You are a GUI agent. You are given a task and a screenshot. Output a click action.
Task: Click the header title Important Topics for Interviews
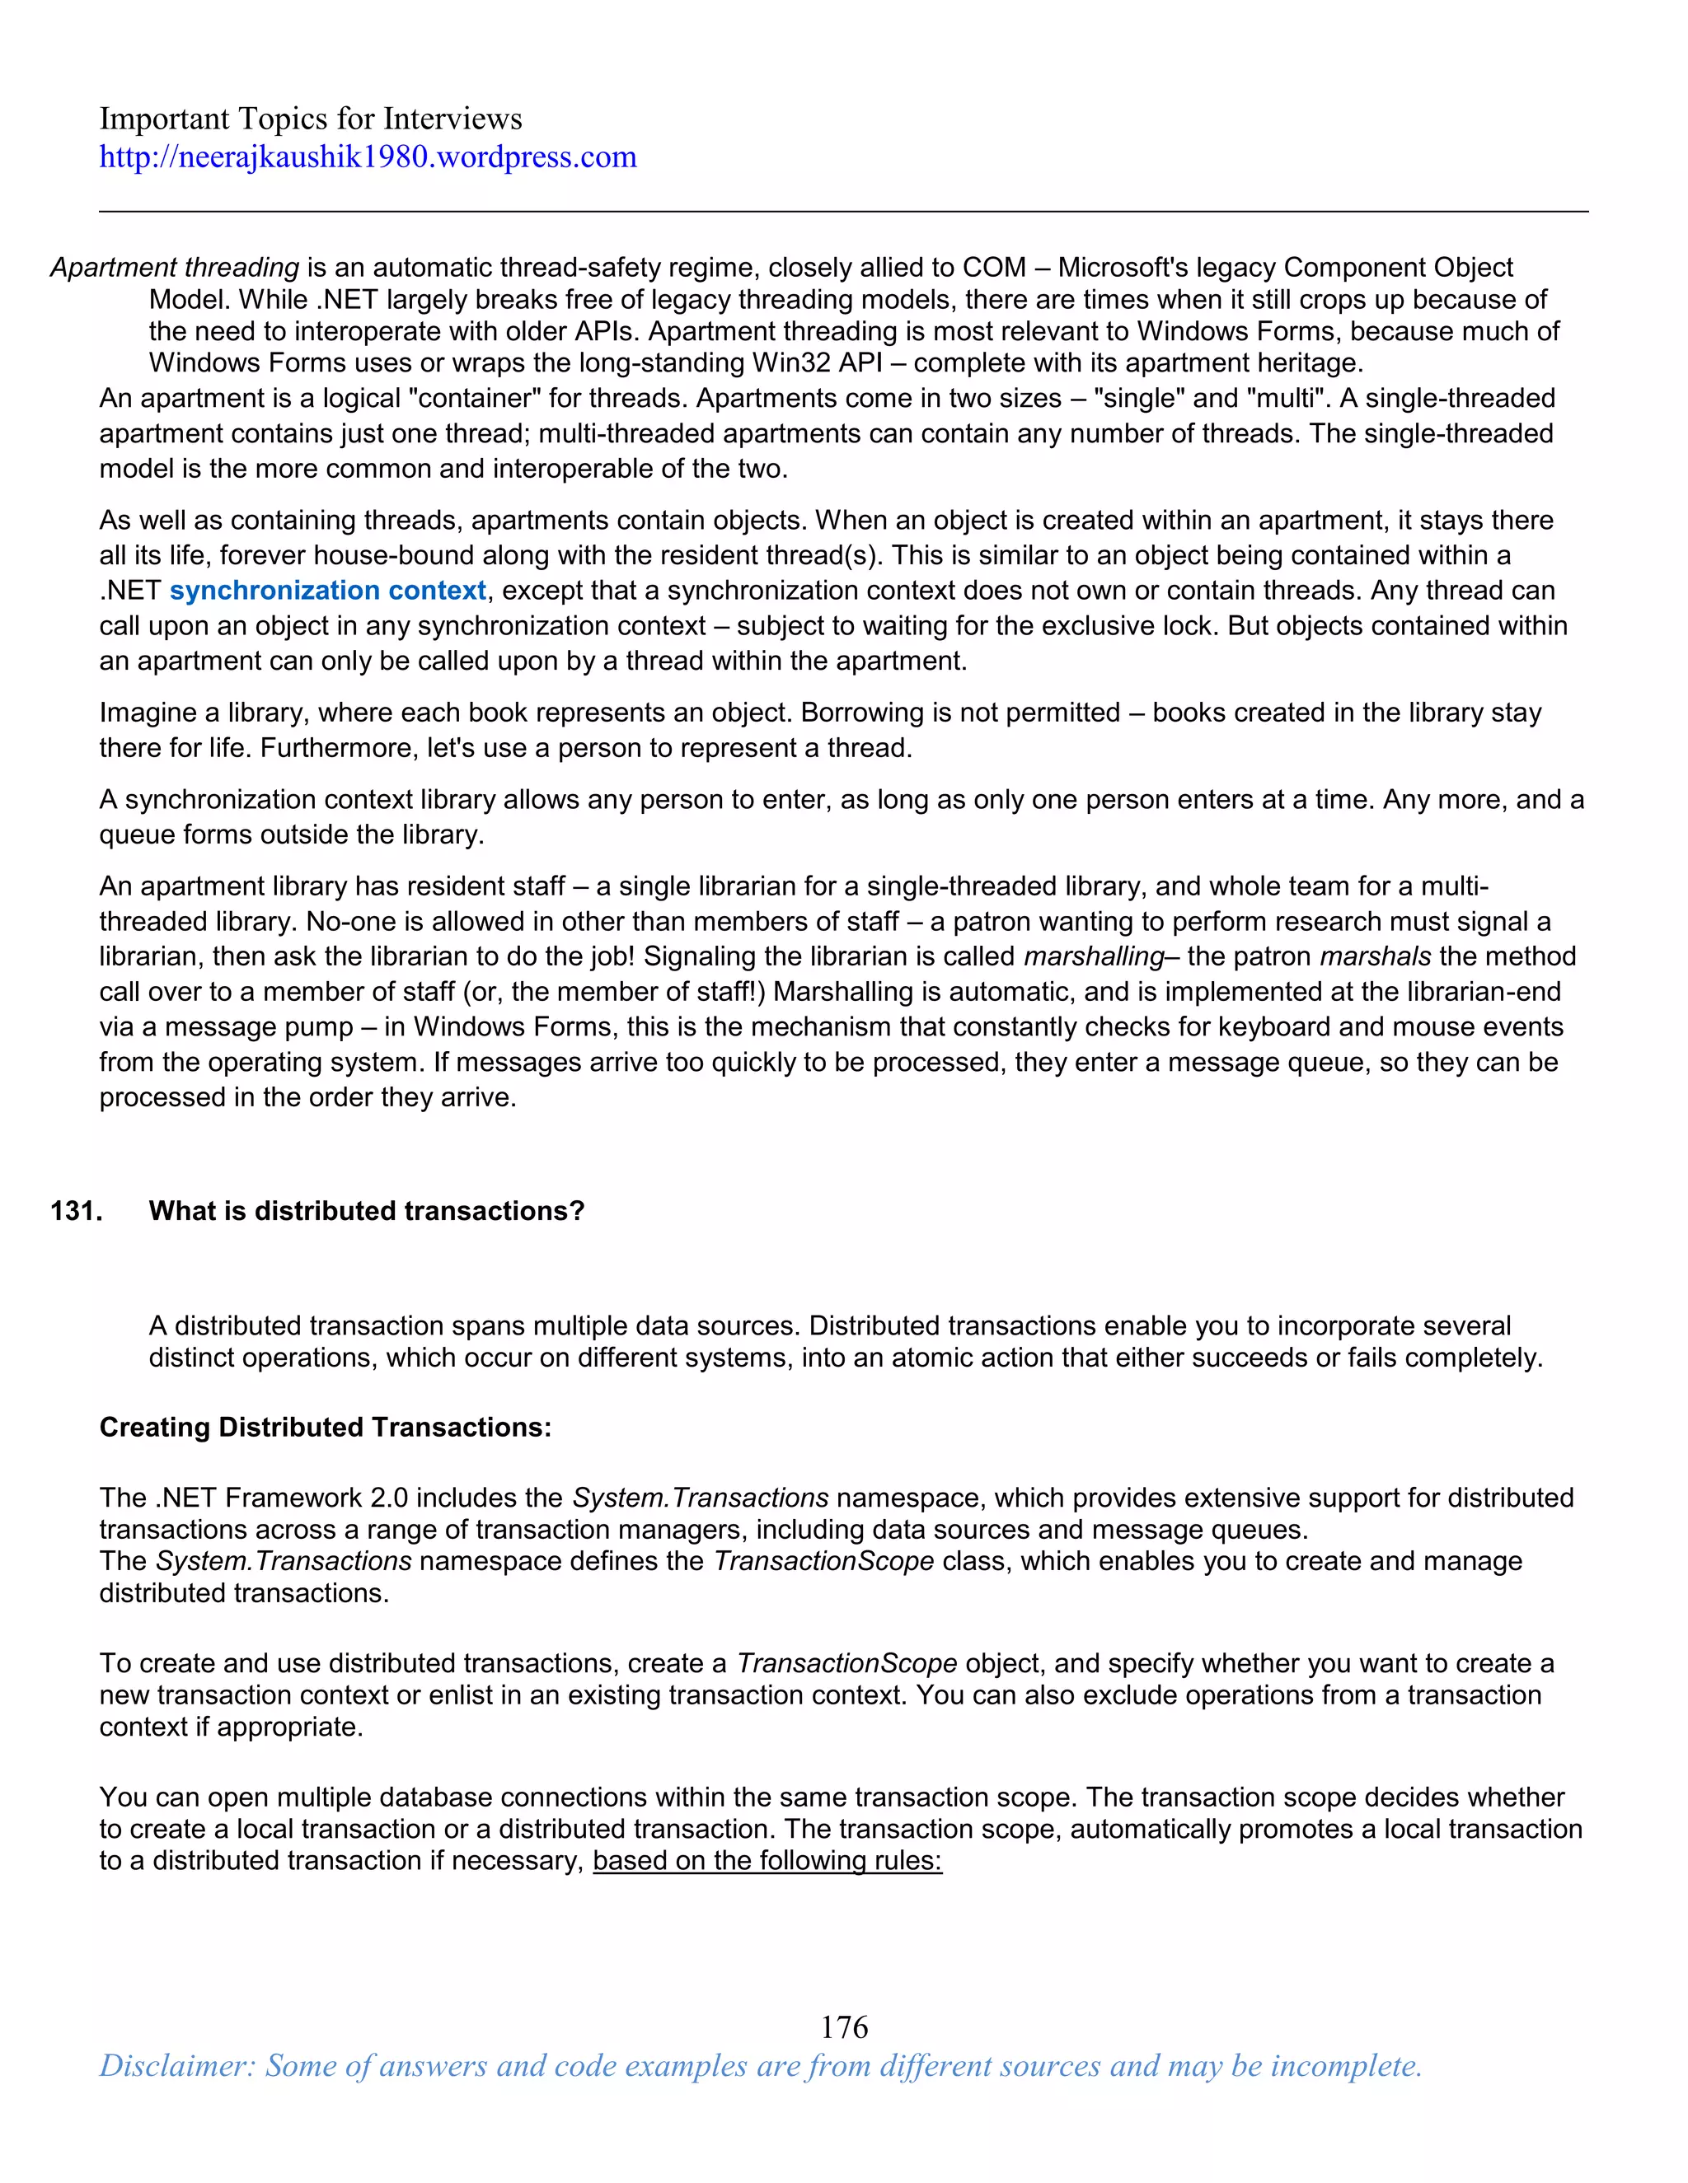click(x=310, y=119)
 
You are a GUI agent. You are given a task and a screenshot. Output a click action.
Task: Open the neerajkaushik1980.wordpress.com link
click(x=367, y=157)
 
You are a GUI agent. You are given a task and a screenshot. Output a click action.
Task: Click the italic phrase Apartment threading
click(x=174, y=268)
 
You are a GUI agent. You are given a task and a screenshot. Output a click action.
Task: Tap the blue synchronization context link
click(x=327, y=591)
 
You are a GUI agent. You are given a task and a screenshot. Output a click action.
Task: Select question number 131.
click(x=76, y=1212)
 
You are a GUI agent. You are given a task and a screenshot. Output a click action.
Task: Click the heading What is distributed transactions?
click(x=366, y=1212)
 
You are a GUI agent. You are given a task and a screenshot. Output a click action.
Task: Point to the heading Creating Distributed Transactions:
click(x=325, y=1428)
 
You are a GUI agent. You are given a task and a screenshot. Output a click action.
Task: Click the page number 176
click(x=843, y=2027)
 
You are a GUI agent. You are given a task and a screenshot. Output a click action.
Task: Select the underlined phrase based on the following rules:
click(x=767, y=1861)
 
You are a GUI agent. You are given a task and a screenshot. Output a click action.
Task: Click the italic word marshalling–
click(x=1100, y=956)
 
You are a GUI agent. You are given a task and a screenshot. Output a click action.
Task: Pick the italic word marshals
click(x=1375, y=956)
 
